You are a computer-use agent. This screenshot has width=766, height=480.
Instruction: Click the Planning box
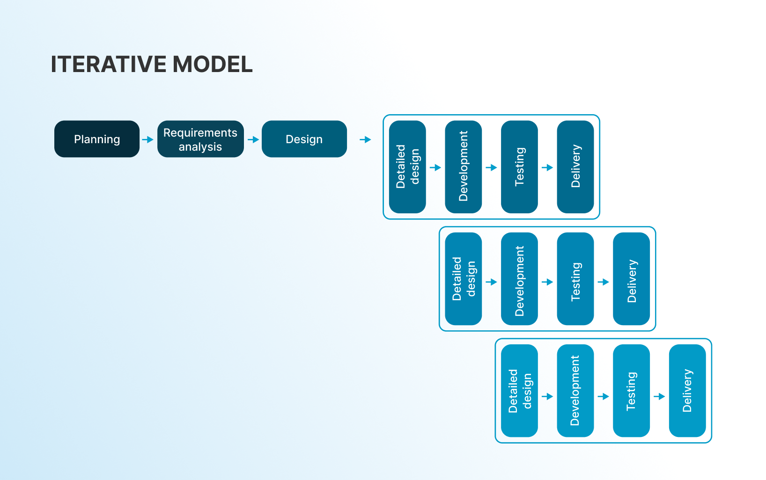tap(97, 139)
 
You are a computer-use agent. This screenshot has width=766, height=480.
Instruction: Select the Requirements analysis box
tap(200, 139)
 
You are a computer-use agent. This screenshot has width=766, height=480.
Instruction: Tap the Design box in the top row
tap(304, 139)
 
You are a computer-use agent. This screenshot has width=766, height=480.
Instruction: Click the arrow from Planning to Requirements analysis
tap(148, 139)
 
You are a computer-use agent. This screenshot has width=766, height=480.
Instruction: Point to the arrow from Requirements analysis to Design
tap(253, 139)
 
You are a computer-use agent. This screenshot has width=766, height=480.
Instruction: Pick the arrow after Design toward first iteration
tap(366, 139)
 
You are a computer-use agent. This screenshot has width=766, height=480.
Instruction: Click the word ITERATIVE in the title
tap(109, 64)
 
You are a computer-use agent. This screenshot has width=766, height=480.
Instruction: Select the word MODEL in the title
tap(213, 64)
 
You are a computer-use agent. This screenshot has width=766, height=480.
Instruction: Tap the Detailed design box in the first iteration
tap(407, 167)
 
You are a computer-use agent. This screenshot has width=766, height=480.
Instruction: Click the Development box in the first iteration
tap(464, 167)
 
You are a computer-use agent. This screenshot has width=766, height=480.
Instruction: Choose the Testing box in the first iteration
tap(519, 167)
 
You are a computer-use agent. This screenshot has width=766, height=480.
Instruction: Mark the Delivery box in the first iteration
tap(575, 167)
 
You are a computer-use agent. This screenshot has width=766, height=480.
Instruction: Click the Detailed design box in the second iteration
tap(464, 279)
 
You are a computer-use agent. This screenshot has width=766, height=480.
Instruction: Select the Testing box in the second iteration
tap(575, 279)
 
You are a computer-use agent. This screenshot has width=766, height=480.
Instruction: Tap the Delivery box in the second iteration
tap(632, 279)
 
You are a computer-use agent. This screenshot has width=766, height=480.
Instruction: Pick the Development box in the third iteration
tap(575, 391)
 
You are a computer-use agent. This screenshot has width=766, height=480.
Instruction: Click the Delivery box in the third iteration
tap(687, 391)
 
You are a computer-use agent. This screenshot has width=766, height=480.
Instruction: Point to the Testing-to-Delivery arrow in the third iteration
tap(659, 396)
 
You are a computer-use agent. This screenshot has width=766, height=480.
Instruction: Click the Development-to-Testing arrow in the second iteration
tap(547, 282)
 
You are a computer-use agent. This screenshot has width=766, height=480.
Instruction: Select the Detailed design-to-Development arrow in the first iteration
tap(435, 167)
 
